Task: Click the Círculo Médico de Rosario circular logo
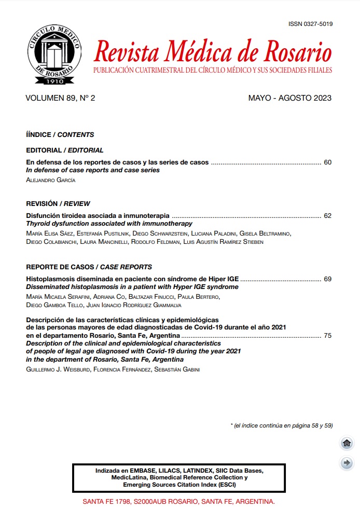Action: click(54, 54)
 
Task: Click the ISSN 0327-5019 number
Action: click(310, 24)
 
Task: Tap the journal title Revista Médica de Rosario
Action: click(213, 52)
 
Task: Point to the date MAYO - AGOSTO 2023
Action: click(289, 98)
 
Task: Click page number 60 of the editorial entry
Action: click(327, 162)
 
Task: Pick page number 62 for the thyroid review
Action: click(327, 216)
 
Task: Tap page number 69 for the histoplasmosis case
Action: click(327, 279)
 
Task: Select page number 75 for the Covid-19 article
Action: click(327, 336)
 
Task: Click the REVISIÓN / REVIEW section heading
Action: click(58, 204)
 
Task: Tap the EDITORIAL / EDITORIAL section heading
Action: click(65, 150)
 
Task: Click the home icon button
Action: click(347, 443)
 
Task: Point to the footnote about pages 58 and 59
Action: click(281, 425)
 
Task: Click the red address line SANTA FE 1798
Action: click(179, 502)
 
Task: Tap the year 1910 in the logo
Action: click(54, 81)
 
